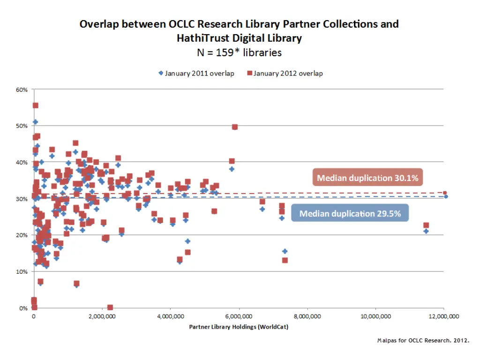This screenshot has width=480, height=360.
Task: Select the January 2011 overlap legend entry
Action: tap(196, 73)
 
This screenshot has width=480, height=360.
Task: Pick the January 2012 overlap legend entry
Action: tap(285, 73)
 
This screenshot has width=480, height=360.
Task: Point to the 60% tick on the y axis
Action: tap(22, 90)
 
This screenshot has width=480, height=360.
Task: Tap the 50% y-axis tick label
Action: tap(22, 126)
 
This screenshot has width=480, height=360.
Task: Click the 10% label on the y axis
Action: tap(22, 272)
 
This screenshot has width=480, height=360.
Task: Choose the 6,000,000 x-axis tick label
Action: tap(239, 316)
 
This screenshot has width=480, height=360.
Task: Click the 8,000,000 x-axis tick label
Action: tap(307, 316)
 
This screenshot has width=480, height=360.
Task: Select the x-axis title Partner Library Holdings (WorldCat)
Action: tap(239, 327)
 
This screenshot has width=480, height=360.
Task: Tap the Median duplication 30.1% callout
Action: tap(367, 178)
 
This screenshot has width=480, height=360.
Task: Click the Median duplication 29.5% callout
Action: tap(350, 214)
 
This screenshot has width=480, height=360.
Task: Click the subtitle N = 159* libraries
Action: tap(239, 52)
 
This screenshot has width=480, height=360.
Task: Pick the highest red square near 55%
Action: tap(35, 105)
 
